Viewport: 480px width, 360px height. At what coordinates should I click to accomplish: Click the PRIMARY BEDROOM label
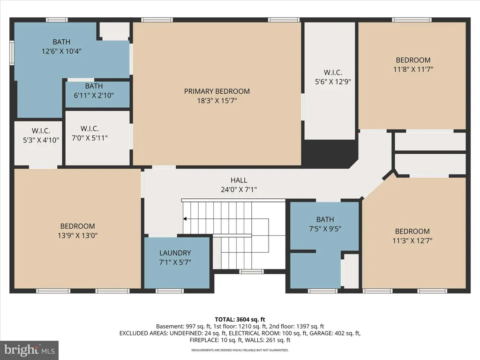[217, 91]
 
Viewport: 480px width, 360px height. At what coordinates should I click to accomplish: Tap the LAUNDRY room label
[175, 253]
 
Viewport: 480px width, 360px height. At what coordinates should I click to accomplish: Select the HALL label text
[239, 180]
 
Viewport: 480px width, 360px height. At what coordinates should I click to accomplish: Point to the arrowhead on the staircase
[185, 218]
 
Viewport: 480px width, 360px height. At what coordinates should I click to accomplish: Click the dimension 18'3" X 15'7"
[217, 100]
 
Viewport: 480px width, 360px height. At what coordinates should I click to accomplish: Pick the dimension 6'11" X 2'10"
[94, 95]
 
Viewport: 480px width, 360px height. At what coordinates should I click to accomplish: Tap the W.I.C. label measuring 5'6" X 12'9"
[333, 73]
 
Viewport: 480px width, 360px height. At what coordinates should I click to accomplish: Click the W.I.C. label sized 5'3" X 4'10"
[41, 131]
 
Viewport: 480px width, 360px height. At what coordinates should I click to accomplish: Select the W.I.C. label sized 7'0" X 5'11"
[90, 128]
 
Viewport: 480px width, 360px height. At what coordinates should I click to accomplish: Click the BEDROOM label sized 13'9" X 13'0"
[77, 226]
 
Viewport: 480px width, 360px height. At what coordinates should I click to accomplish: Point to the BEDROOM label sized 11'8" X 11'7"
[413, 60]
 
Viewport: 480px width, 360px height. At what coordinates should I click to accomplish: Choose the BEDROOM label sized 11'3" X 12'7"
[412, 231]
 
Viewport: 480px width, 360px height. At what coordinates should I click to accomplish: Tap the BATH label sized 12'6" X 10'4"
[61, 42]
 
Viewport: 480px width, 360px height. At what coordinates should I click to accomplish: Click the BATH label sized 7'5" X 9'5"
[325, 219]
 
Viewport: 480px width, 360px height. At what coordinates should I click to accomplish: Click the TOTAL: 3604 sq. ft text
[240, 320]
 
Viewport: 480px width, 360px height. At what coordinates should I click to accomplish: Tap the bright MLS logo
[30, 350]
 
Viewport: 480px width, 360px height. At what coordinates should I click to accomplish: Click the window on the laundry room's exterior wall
[170, 291]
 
